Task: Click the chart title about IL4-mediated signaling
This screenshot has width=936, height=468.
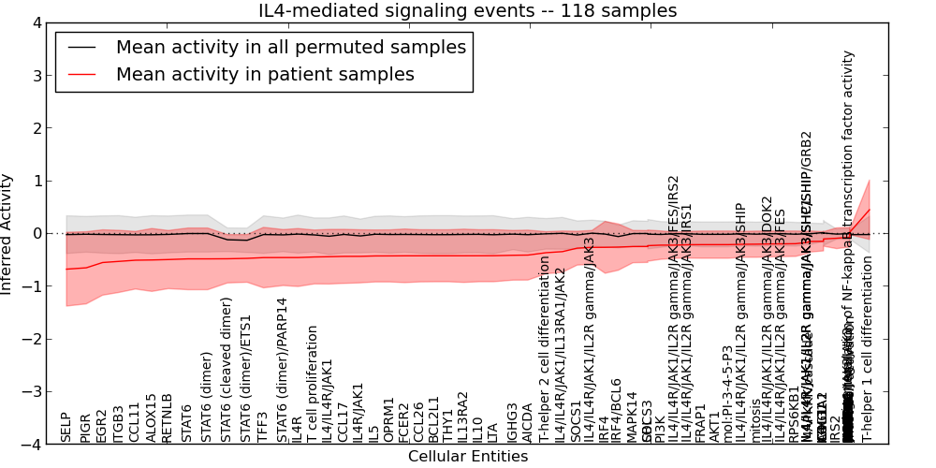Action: click(468, 10)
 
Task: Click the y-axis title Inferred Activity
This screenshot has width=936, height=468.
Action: click(7, 233)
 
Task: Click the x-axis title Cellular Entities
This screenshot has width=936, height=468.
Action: click(468, 457)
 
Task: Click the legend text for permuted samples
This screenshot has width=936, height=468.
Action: click(290, 47)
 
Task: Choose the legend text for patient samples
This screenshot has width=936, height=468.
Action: click(265, 74)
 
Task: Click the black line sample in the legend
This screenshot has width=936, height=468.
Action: click(82, 48)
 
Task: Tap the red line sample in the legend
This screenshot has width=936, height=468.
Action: click(82, 75)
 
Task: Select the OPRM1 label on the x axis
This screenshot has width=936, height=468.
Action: click(388, 419)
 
